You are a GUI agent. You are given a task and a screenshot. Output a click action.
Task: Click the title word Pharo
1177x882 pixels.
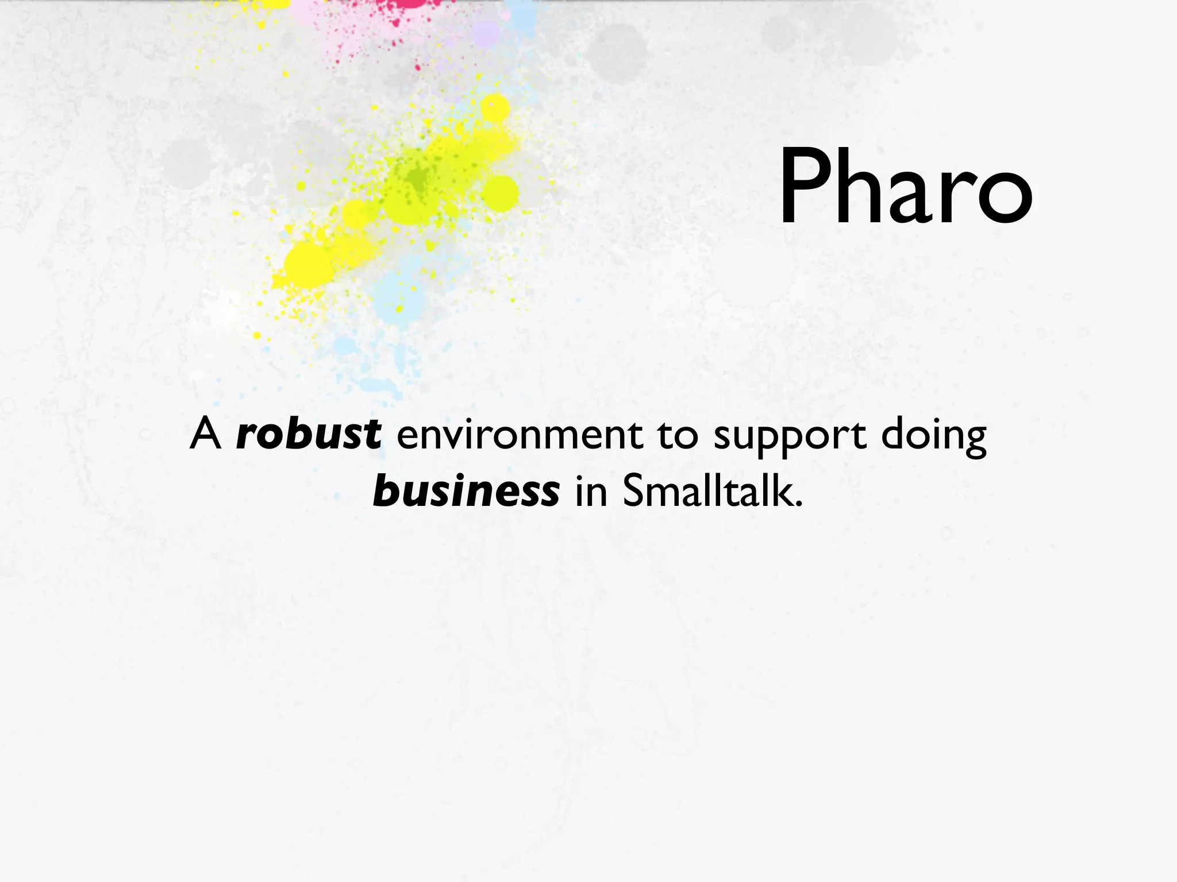click(905, 187)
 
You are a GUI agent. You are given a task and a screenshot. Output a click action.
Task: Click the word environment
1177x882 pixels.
click(519, 435)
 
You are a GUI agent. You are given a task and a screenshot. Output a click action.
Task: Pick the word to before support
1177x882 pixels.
click(678, 435)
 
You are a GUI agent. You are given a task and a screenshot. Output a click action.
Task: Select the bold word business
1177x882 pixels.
click(466, 492)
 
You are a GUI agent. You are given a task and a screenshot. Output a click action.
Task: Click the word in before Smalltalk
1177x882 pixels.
click(591, 492)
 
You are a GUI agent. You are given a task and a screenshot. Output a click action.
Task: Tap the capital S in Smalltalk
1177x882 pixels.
click(634, 492)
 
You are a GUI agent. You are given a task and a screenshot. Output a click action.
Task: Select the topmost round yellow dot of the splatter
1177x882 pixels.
click(495, 108)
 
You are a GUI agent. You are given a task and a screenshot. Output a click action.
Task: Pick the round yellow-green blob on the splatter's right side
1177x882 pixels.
click(501, 194)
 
